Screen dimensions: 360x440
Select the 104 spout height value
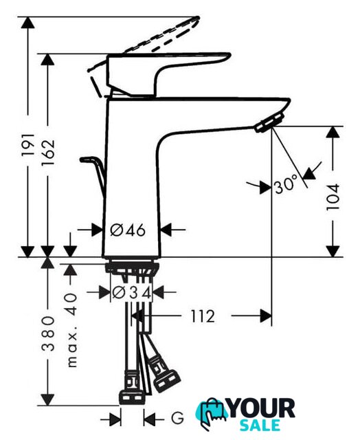tap(333, 197)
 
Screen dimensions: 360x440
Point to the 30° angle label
tap(286, 185)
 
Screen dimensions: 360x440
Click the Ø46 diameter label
tap(128, 230)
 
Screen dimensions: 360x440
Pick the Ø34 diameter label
tap(131, 293)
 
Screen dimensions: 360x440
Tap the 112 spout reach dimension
tap(203, 316)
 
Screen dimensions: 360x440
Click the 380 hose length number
tap(48, 333)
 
